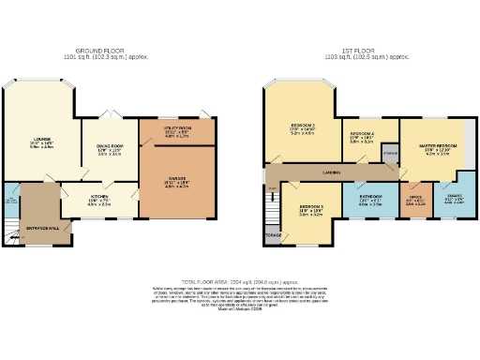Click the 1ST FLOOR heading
tap(360, 51)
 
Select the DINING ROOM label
tap(111, 145)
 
